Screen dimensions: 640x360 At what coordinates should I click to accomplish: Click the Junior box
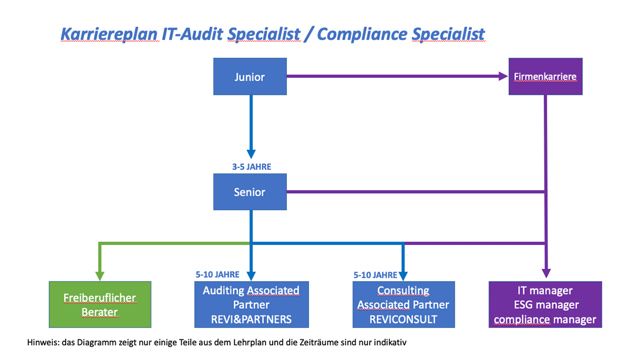[x=250, y=76]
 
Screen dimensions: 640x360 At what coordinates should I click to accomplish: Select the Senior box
[x=250, y=191]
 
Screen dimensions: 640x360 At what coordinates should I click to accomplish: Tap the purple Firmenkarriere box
[x=546, y=76]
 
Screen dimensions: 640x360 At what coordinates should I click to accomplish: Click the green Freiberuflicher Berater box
[x=100, y=305]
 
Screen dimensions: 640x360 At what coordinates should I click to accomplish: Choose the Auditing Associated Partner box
[x=251, y=305]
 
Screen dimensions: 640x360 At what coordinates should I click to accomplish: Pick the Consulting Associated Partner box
[x=403, y=305]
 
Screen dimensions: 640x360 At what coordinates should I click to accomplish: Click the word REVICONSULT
[x=403, y=319]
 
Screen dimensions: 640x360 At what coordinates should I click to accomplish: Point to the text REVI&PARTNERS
[x=251, y=319]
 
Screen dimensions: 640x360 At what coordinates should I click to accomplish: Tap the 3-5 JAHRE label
[x=251, y=167]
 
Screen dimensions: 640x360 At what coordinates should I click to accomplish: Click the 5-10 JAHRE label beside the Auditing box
[x=218, y=275]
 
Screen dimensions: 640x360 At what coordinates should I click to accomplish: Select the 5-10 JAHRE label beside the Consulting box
[x=375, y=275]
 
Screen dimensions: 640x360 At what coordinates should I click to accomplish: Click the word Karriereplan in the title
[x=109, y=34]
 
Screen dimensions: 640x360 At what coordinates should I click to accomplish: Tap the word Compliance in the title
[x=362, y=34]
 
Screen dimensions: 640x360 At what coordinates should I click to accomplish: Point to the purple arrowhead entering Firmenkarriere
[x=503, y=76]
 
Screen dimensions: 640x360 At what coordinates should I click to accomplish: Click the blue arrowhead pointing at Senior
[x=251, y=154]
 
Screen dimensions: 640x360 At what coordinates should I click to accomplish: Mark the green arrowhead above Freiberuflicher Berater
[x=100, y=276]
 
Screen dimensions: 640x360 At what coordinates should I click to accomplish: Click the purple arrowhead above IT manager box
[x=546, y=274]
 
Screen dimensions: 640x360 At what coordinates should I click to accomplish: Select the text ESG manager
[x=546, y=305]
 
